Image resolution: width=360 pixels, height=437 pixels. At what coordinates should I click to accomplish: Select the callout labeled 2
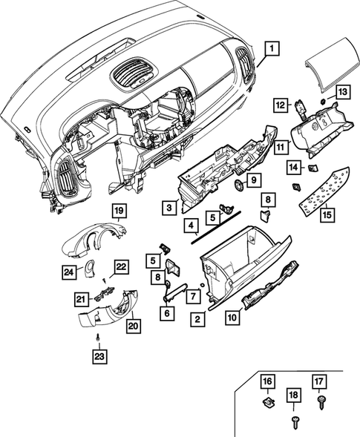197,320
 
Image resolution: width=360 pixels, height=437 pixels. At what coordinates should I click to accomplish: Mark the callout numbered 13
342,91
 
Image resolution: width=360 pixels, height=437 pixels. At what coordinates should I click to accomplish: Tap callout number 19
118,211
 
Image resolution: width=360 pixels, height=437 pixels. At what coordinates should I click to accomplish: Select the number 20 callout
134,325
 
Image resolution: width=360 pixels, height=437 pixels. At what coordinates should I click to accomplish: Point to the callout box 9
252,180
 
